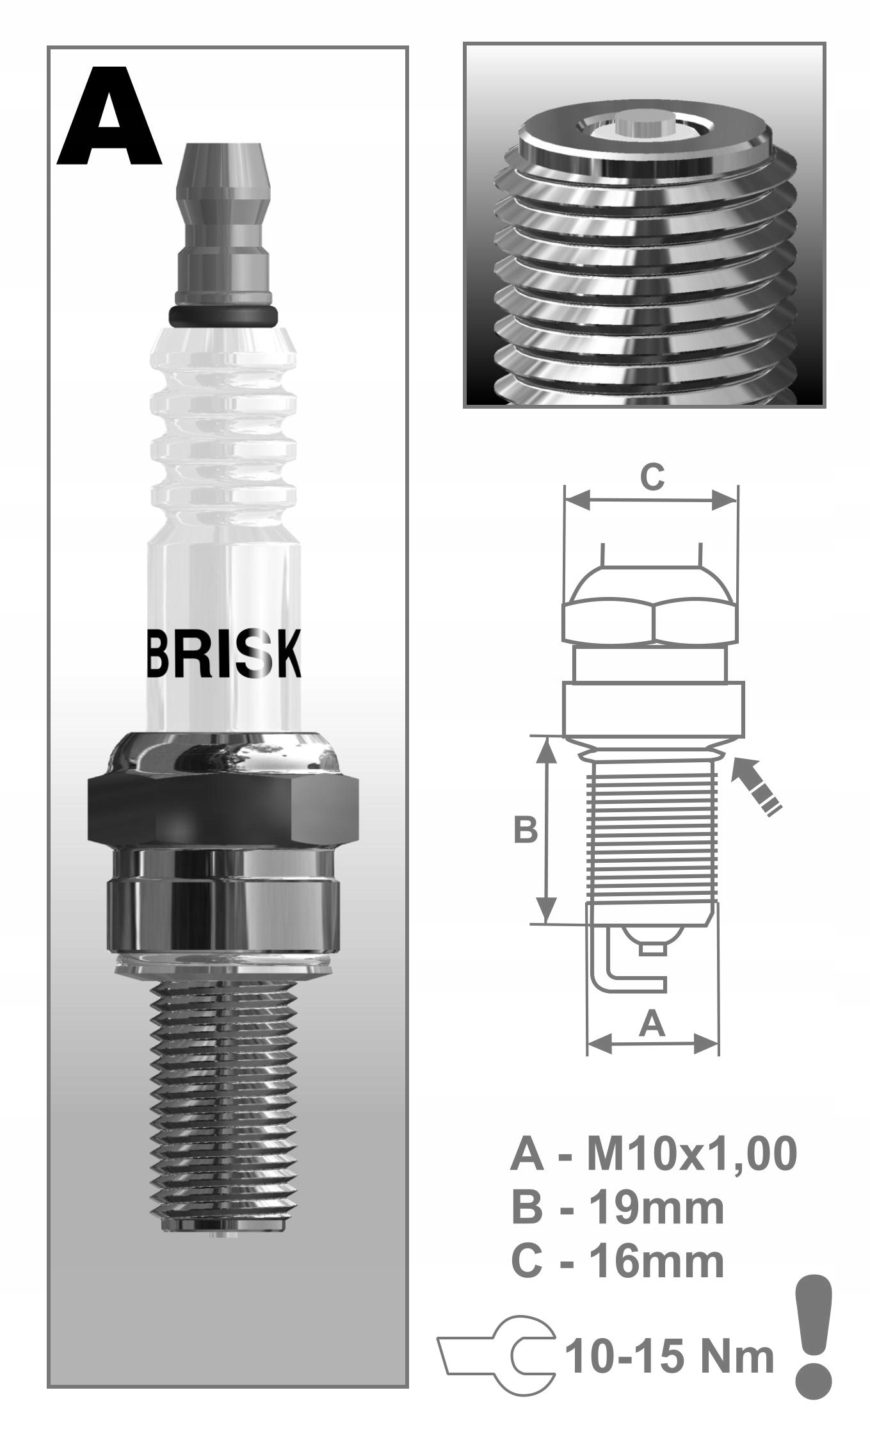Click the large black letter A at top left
click(109, 115)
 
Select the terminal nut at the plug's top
click(223, 224)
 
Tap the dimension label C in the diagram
click(653, 478)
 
